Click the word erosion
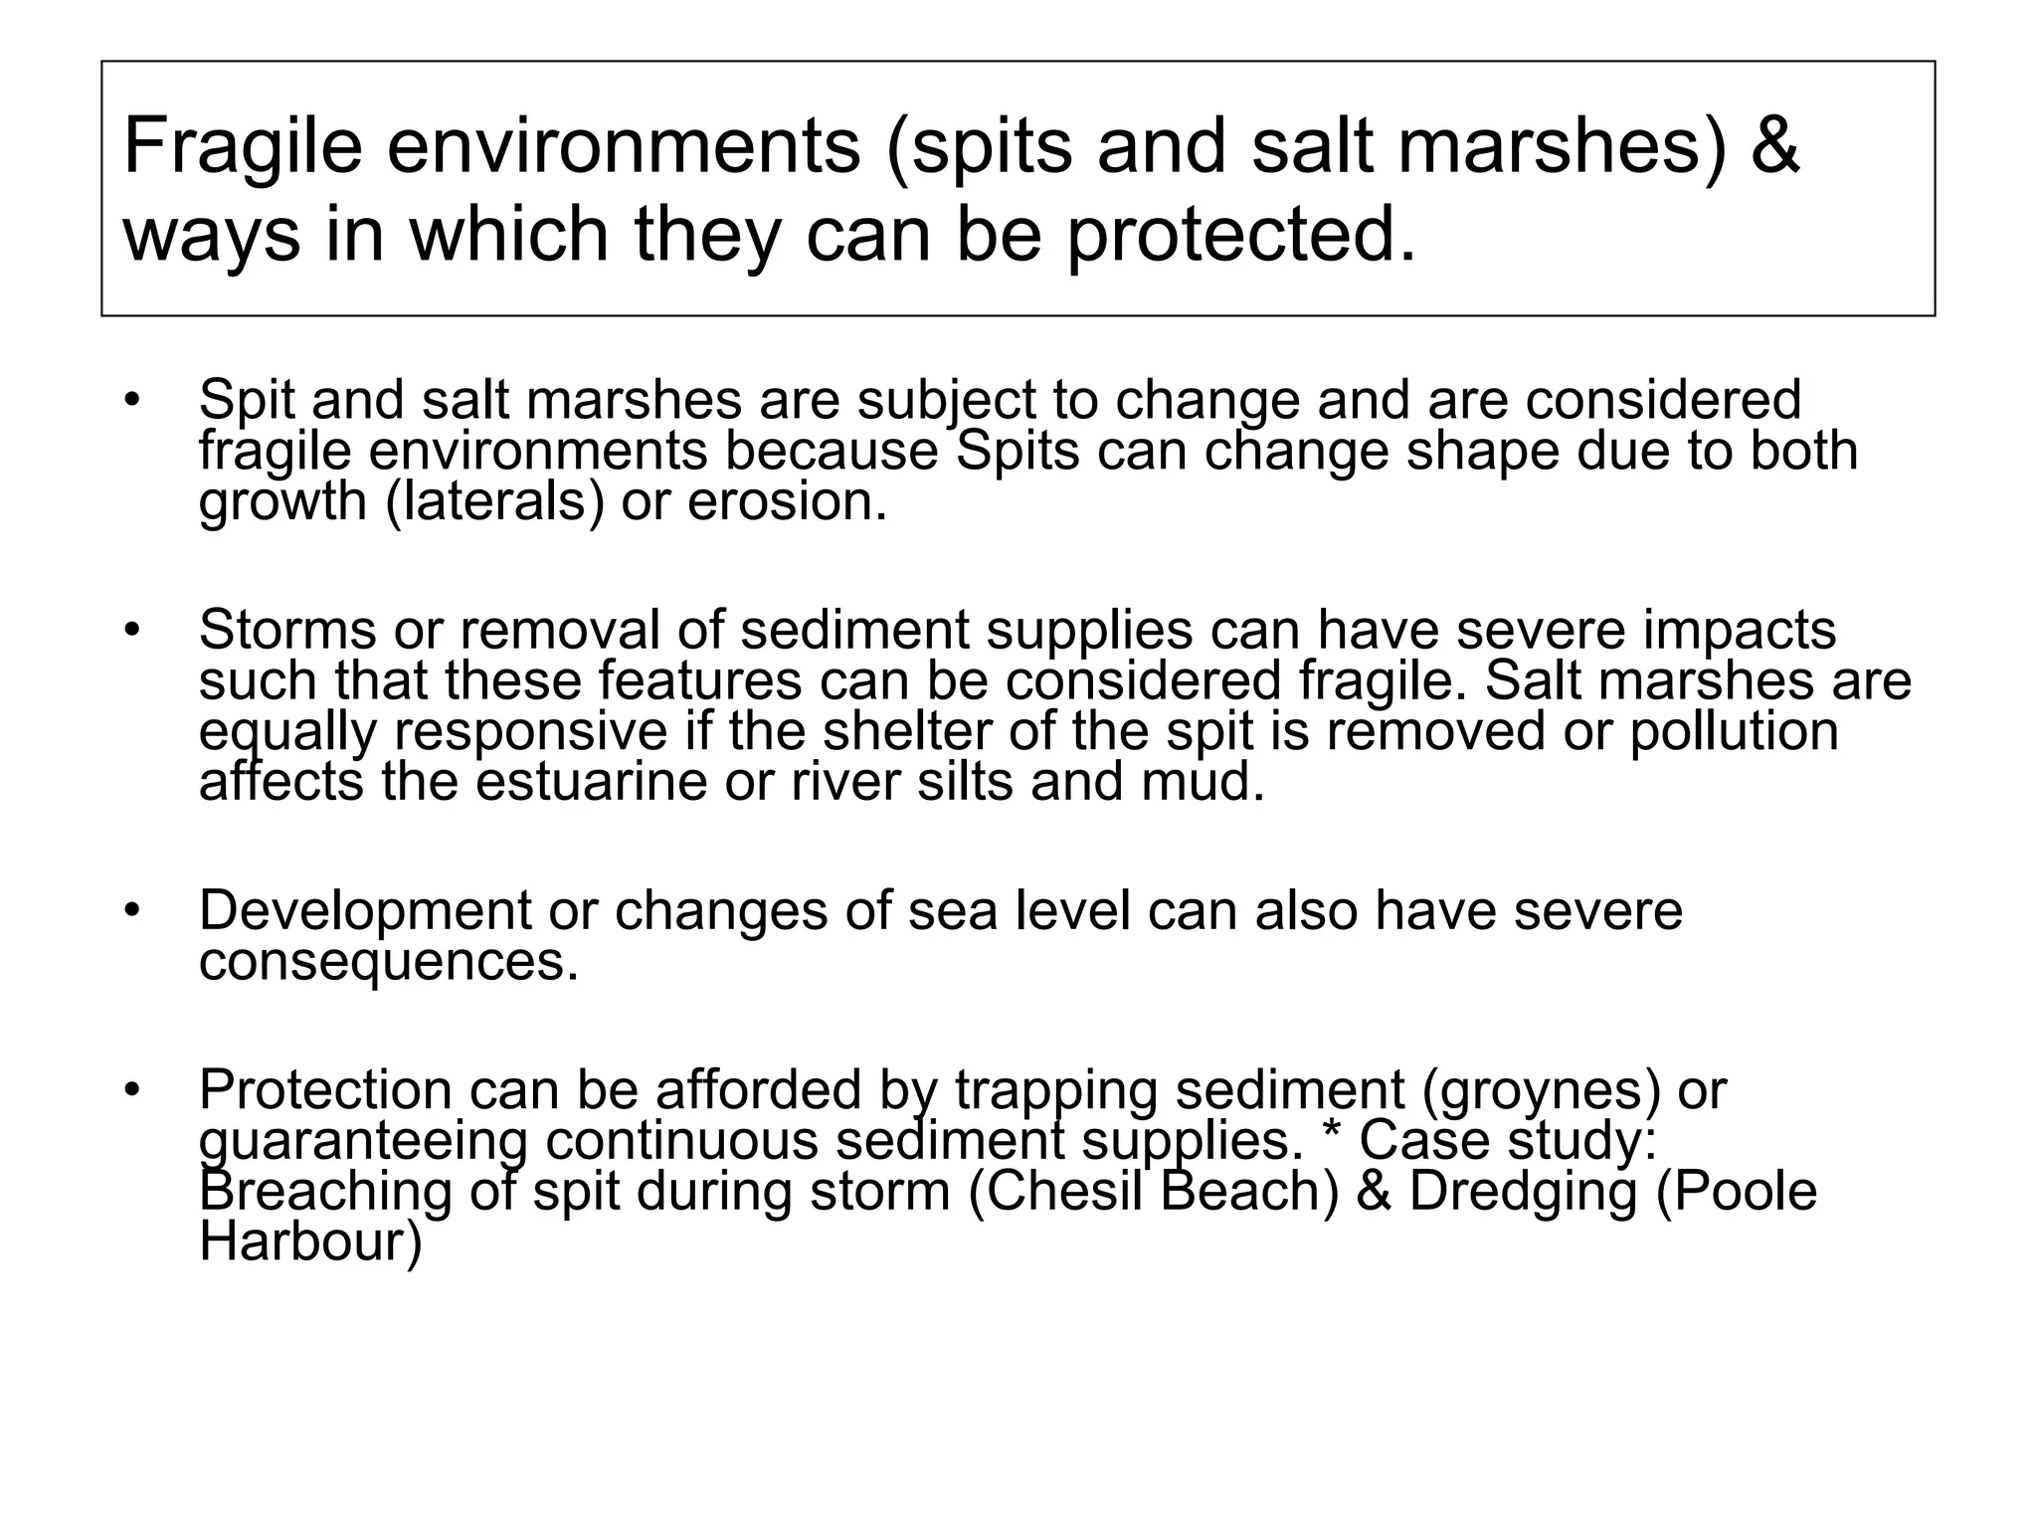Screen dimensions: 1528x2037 coord(787,501)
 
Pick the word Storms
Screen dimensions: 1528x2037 coord(287,631)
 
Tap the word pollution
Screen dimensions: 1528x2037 coord(1734,732)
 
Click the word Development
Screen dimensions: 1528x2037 coord(366,911)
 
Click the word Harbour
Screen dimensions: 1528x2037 coord(310,1243)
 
